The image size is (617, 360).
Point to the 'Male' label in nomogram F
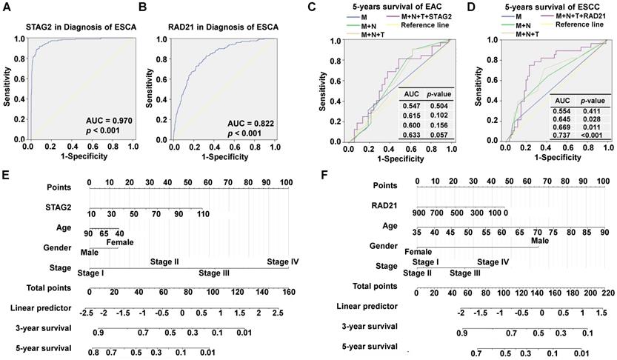tap(539, 239)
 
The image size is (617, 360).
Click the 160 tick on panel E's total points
tap(287, 292)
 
